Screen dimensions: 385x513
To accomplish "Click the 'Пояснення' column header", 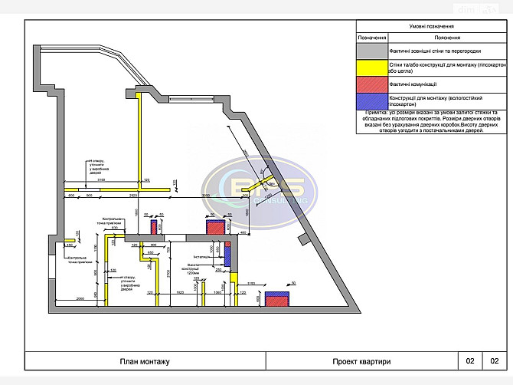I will pyautogui.click(x=446, y=37).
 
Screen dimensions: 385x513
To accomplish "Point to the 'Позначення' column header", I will pyautogui.click(x=372, y=37).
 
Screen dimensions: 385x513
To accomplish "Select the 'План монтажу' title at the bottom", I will pyautogui.click(x=145, y=361).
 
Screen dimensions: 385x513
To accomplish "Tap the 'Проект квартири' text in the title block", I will pyautogui.click(x=361, y=361).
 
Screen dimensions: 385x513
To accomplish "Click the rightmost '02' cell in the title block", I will pyautogui.click(x=494, y=361).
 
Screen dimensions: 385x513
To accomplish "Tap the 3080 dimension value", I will pyautogui.click(x=205, y=196).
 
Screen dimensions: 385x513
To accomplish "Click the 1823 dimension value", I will pyautogui.click(x=179, y=293).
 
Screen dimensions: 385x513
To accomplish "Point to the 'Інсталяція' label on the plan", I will pyautogui.click(x=201, y=257).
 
